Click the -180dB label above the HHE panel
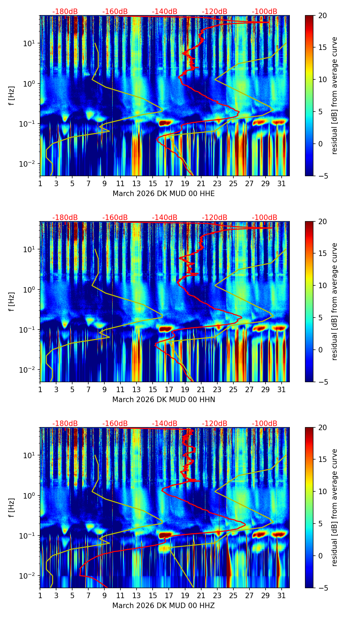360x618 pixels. click(65, 12)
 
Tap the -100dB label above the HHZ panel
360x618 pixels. click(265, 424)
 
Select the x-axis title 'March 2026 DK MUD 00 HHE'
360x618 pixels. click(164, 194)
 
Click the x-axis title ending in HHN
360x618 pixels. click(164, 400)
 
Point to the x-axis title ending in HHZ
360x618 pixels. click(164, 606)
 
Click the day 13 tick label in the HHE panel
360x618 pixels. click(137, 184)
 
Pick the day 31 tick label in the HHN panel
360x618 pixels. click(282, 390)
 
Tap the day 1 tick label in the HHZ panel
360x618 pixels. click(40, 596)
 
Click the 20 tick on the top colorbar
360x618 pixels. click(322, 16)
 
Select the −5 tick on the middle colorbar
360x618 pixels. click(322, 382)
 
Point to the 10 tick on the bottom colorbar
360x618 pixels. click(322, 492)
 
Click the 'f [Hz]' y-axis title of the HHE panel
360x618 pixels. click(12, 95)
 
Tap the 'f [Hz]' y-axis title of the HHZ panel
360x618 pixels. click(12, 507)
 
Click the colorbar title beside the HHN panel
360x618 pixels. click(335, 301)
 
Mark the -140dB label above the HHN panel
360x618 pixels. click(165, 218)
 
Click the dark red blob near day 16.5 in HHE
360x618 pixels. click(165, 123)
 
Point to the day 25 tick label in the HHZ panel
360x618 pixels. click(233, 596)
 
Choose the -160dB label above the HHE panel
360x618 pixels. click(115, 12)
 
